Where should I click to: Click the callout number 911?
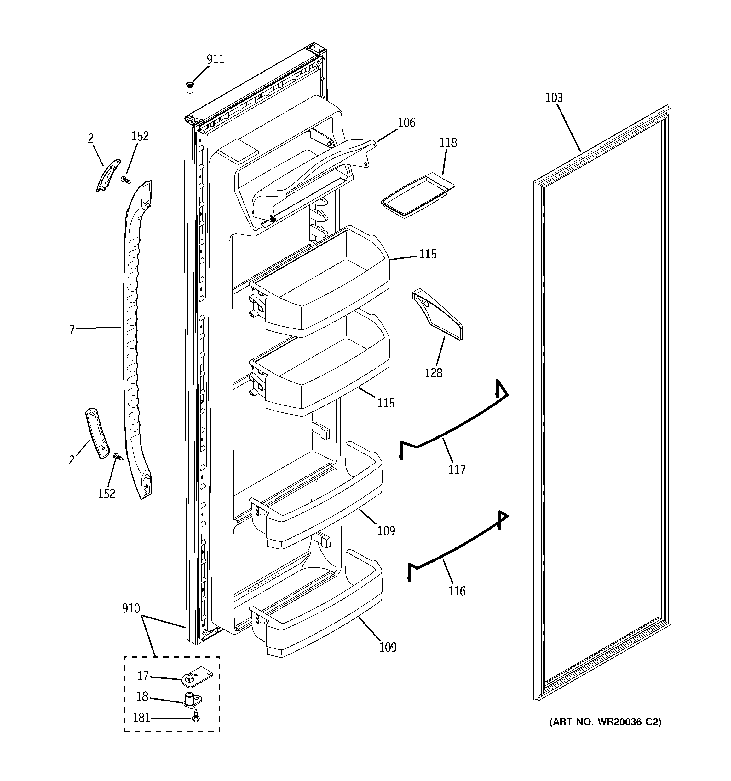tap(216, 59)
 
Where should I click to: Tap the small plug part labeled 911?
tap(190, 87)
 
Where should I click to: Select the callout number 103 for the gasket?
tap(554, 98)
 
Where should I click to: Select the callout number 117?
tap(457, 470)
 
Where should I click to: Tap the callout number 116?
tap(457, 591)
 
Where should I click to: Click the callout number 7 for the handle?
tap(72, 330)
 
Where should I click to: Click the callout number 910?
tap(131, 608)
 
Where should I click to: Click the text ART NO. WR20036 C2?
tap(605, 721)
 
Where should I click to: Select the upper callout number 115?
tap(427, 254)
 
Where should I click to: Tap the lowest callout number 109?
tap(388, 647)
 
